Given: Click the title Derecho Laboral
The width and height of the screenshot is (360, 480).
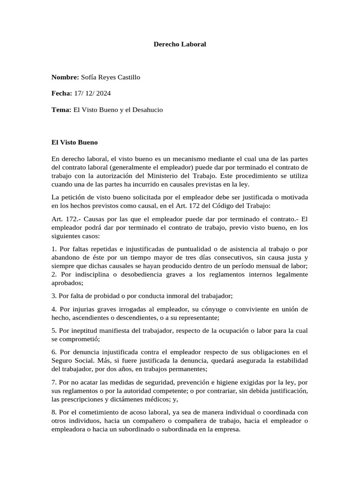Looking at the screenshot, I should pyautogui.click(x=180, y=45).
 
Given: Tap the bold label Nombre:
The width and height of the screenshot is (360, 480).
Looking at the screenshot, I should pyautogui.click(x=65, y=77).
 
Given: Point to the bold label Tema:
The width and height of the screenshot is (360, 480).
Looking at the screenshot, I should pyautogui.click(x=61, y=110).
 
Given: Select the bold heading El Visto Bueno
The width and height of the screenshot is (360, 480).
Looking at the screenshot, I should pyautogui.click(x=75, y=142).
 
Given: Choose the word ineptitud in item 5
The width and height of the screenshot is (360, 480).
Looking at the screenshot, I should pyautogui.click(x=85, y=330).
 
